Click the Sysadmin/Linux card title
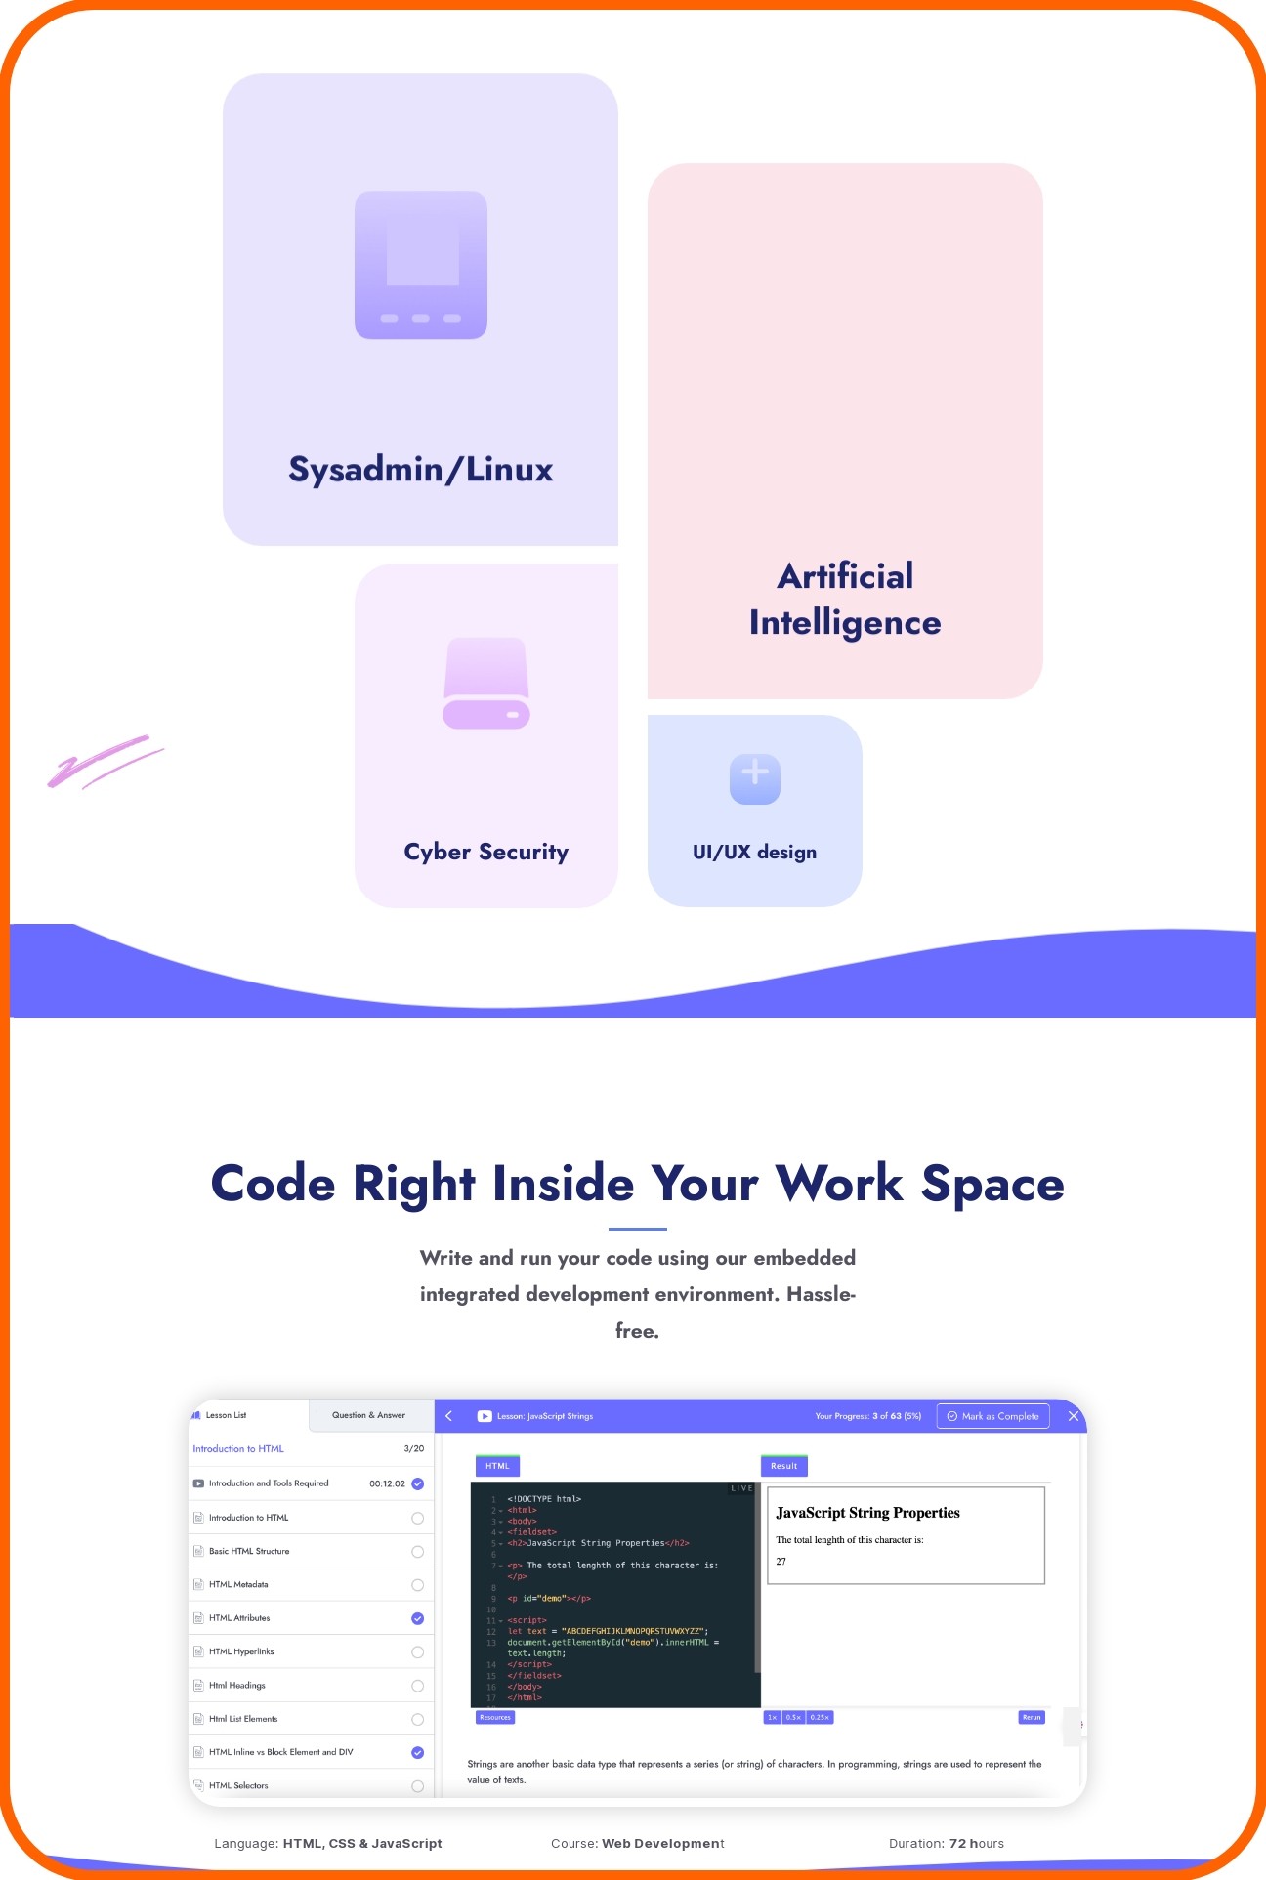coord(421,470)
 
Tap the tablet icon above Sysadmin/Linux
coord(421,266)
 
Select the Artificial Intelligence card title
coord(845,599)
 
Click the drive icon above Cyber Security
coord(486,684)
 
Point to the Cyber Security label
coord(486,852)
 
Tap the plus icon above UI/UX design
coord(755,778)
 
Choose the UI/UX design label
coord(754,852)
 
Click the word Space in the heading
coord(992,1184)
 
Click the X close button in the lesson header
coord(1074,1416)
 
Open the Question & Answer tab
coord(368,1415)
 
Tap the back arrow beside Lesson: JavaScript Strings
coord(449,1416)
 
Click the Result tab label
coord(784,1466)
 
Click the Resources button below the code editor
coord(495,1717)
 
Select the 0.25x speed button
coord(820,1717)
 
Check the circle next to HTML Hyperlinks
coord(418,1652)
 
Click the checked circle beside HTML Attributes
coord(418,1618)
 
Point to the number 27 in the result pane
coord(781,1562)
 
